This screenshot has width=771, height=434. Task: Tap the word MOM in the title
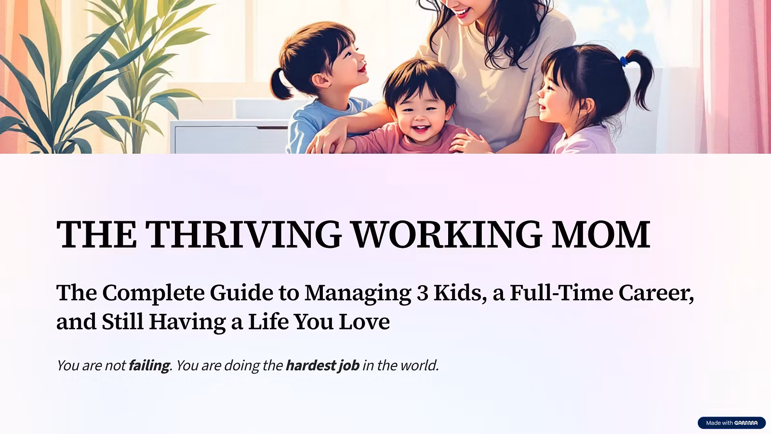[601, 234]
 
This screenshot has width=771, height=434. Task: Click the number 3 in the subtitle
[422, 293]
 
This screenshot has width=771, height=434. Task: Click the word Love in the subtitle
[364, 322]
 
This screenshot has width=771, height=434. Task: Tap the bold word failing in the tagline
[149, 366]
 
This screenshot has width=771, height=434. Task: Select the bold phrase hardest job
[322, 366]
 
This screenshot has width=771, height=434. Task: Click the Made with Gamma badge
[731, 422]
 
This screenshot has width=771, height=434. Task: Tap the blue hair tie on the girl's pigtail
[624, 62]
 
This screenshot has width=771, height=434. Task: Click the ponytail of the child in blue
[280, 84]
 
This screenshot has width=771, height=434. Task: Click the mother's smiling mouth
[462, 13]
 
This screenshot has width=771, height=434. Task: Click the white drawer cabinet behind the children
[229, 136]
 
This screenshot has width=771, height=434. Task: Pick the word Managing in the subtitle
[358, 294]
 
